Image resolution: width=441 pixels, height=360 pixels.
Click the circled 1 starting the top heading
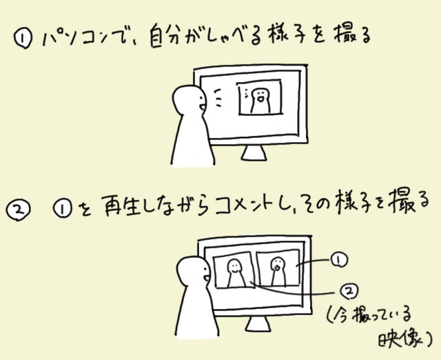pyautogui.click(x=23, y=39)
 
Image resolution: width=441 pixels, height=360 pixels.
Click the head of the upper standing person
pyautogui.click(x=189, y=101)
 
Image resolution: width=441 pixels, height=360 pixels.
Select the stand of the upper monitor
pyautogui.click(x=254, y=153)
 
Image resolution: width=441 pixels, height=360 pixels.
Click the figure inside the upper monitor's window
pyautogui.click(x=260, y=101)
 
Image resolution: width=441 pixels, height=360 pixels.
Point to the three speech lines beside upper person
pyautogui.click(x=218, y=98)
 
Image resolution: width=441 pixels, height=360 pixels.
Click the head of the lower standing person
pyautogui.click(x=194, y=272)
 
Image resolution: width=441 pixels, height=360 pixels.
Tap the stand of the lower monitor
pyautogui.click(x=258, y=323)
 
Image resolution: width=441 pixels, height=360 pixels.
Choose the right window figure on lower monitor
pyautogui.click(x=278, y=271)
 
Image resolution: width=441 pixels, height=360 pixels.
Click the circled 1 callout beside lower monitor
pyautogui.click(x=338, y=259)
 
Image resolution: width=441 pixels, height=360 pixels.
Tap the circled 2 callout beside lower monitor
pyautogui.click(x=349, y=291)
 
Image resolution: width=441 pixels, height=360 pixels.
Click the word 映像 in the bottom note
pyautogui.click(x=400, y=339)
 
